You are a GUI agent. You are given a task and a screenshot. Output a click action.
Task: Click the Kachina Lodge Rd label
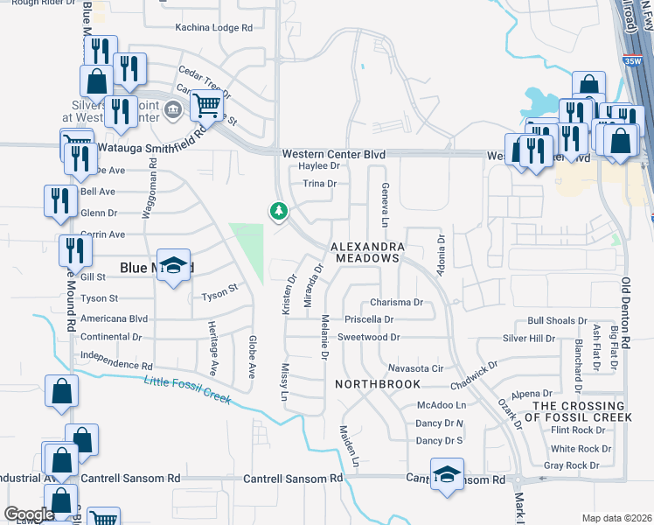[x=214, y=28]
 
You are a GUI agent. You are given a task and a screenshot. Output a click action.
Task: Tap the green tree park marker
[x=279, y=211]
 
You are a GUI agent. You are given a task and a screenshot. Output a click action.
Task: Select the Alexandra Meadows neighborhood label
[x=366, y=252]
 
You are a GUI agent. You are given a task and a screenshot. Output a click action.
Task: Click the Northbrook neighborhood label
[x=379, y=384]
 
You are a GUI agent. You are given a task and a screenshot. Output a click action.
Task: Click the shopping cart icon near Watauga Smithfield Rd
[x=207, y=106]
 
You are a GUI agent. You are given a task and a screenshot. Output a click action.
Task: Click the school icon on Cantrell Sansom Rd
[x=447, y=474]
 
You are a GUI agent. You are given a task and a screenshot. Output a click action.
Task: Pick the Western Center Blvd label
[x=333, y=154]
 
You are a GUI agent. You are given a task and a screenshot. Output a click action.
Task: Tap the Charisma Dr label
[x=396, y=303]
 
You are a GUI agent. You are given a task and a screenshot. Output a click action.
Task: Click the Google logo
[x=30, y=514]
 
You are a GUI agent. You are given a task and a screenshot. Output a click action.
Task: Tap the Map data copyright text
[x=616, y=518]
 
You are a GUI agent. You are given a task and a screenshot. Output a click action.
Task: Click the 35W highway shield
[x=636, y=62]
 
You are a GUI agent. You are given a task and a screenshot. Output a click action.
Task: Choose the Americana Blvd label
[x=114, y=319]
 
